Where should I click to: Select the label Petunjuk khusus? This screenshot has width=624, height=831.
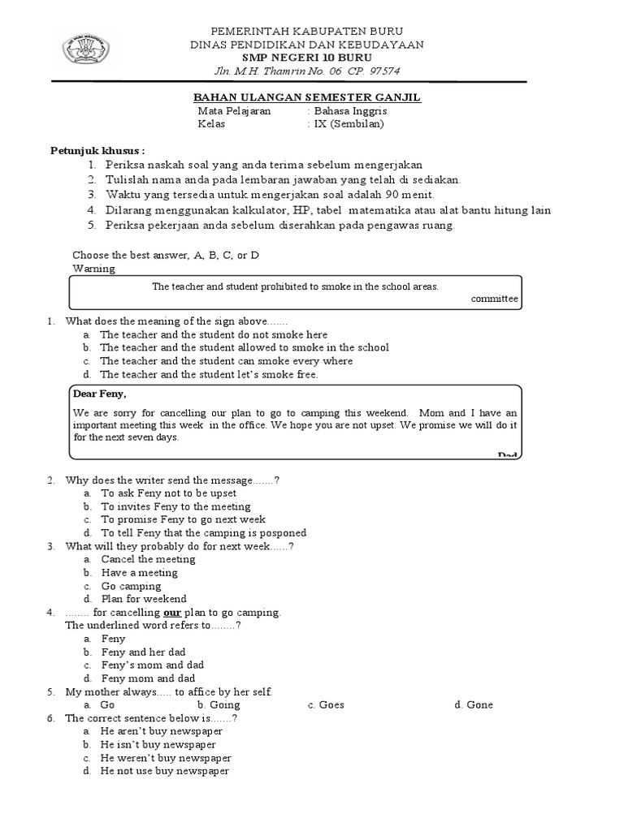tap(97, 151)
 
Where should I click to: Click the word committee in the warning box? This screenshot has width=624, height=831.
tap(494, 299)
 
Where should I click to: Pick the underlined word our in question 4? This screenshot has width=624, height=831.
tap(184, 612)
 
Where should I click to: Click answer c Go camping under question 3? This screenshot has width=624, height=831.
tap(130, 586)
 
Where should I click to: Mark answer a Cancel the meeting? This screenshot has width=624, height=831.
tap(148, 559)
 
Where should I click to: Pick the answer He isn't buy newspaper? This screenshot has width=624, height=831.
tap(158, 744)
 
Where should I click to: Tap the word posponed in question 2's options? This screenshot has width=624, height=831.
tap(280, 533)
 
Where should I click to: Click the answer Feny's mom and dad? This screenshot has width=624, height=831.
tap(152, 665)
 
